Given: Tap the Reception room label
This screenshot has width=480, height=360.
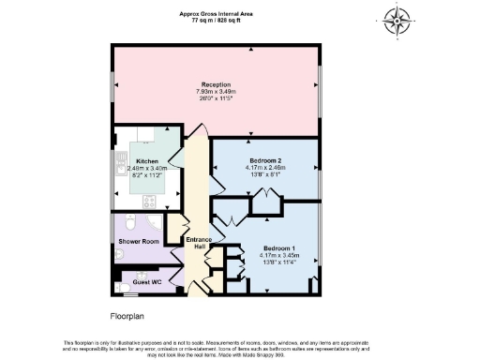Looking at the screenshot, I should pos(215,83).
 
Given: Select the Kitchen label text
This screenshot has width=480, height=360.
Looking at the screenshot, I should pos(146,161).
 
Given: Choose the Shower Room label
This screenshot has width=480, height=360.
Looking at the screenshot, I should pos(136,242).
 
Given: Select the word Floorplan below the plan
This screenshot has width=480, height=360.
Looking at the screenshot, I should pos(127,317).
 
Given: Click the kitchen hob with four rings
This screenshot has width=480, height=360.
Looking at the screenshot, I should pos(149,200).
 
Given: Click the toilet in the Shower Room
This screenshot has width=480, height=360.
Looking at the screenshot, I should pos(130,222).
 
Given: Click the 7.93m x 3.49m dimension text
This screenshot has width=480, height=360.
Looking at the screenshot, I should pos(215,91).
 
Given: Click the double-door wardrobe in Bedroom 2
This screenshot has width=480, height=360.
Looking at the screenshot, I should pos(263,197).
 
